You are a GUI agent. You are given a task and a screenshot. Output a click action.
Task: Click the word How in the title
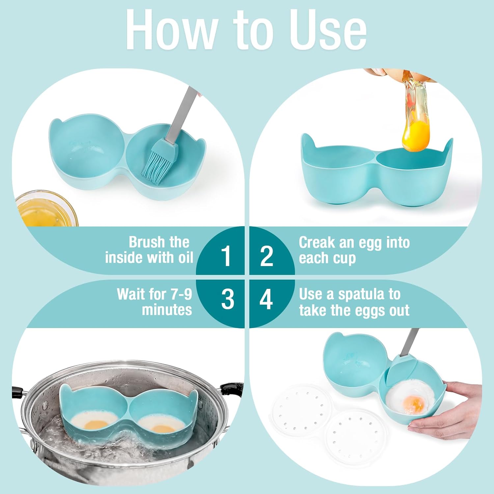click(171, 30)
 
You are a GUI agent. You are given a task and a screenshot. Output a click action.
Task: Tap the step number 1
click(226, 256)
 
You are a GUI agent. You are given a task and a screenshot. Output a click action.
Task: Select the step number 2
click(266, 256)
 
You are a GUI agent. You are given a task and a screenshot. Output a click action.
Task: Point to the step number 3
click(227, 299)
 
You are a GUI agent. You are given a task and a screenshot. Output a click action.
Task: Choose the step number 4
click(266, 299)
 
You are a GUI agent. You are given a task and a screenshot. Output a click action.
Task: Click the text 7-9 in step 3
click(181, 294)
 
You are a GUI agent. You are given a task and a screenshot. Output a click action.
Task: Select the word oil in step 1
click(186, 258)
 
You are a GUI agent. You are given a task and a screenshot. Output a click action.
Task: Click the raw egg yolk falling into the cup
click(416, 135)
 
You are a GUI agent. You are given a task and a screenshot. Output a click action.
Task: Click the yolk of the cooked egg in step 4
click(414, 402)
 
